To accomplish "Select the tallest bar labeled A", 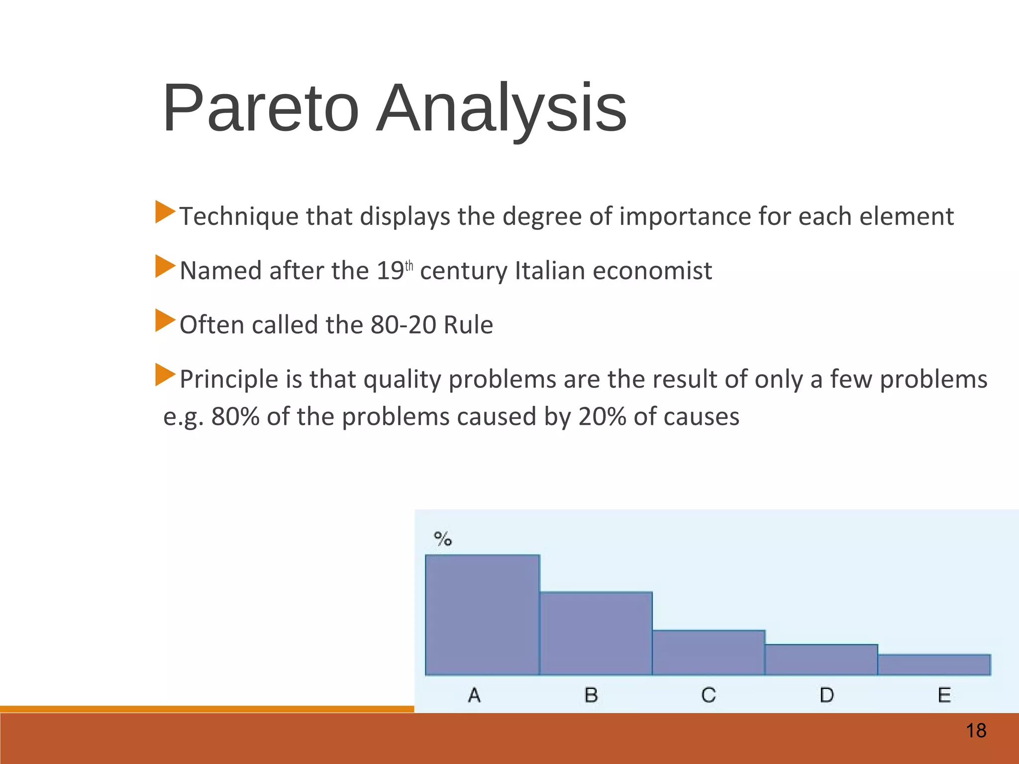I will tap(482, 615).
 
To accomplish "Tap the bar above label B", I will tap(596, 633).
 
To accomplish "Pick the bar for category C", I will tap(709, 653).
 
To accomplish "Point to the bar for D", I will tap(821, 660).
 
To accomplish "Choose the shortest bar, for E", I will tap(934, 665).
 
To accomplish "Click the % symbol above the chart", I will tap(442, 539).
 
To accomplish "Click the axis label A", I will tap(474, 695).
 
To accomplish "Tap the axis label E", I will tap(944, 695).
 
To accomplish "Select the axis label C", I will tap(709, 695).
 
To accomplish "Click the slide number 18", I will tap(976, 731).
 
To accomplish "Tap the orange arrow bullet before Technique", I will tap(165, 212).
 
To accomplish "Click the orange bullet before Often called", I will tap(165, 320).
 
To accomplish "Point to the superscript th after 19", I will tap(409, 266).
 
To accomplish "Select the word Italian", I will tap(549, 271).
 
